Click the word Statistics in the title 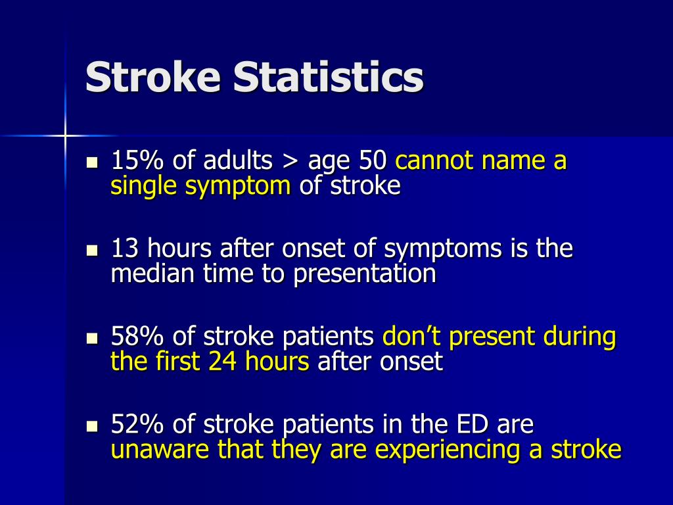pos(329,78)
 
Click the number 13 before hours pos(125,249)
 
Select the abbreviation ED pos(471,425)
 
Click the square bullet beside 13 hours pos(92,251)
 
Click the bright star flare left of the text pos(65,135)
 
